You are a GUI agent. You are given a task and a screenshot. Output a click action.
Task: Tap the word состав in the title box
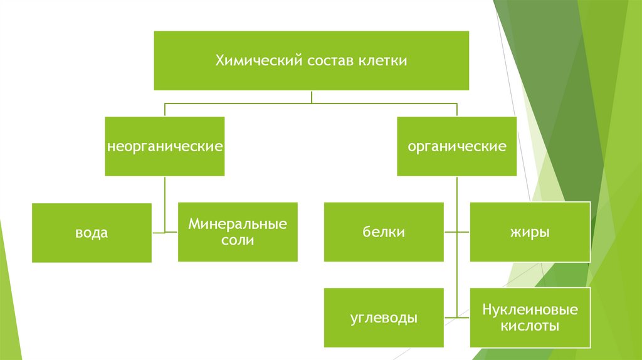[330, 61]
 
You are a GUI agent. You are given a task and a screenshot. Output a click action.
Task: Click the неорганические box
[165, 146]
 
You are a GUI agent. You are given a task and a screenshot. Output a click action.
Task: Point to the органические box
[457, 146]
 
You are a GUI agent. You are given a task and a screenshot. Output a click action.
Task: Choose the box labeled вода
[92, 233]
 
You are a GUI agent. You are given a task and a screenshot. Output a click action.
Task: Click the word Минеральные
[238, 224]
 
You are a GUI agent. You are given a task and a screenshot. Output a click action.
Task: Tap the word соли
[238, 240]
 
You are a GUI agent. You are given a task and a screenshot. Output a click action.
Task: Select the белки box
[383, 232]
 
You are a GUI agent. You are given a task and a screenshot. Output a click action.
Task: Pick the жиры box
[530, 232]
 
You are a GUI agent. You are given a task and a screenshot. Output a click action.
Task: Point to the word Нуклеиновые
[530, 310]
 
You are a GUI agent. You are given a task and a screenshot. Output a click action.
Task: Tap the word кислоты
[530, 326]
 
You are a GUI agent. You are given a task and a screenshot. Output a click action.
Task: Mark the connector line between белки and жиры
[457, 232]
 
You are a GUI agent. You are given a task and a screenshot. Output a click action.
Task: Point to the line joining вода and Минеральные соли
[165, 233]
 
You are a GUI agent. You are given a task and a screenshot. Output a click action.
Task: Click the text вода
[92, 233]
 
